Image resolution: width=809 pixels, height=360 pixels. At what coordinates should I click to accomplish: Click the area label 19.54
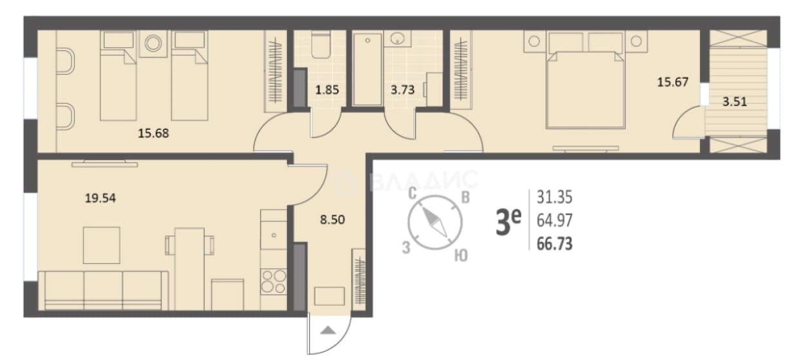click(x=101, y=198)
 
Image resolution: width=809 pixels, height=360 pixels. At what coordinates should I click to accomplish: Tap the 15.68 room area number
click(x=154, y=134)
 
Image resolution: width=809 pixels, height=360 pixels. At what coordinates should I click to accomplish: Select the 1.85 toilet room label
click(x=327, y=90)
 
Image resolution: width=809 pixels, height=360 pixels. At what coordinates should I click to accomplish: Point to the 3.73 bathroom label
click(x=403, y=90)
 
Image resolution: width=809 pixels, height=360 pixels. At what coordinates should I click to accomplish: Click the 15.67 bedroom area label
click(x=673, y=83)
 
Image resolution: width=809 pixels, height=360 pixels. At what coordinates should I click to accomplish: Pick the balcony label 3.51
click(x=735, y=102)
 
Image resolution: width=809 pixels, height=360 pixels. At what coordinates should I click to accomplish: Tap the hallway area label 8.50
click(x=332, y=219)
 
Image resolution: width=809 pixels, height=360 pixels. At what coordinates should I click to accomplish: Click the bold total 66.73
click(x=555, y=244)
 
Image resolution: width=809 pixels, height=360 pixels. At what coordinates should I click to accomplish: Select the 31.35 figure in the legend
click(x=555, y=197)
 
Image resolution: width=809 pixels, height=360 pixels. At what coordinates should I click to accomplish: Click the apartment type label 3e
click(x=508, y=223)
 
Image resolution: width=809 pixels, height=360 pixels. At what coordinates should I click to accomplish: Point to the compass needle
click(x=435, y=223)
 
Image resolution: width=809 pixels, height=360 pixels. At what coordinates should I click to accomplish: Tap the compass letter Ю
click(x=461, y=255)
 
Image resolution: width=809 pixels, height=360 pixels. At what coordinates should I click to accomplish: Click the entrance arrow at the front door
click(x=328, y=330)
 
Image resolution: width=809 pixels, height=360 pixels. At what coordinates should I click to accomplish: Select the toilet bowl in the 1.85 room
click(x=321, y=45)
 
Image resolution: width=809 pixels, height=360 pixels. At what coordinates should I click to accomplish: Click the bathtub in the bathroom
click(x=368, y=69)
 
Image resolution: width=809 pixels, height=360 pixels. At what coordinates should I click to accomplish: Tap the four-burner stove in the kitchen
click(x=274, y=282)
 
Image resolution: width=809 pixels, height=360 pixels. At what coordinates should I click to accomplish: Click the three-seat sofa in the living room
click(x=103, y=291)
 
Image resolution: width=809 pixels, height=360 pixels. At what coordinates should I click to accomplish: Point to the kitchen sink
click(x=274, y=235)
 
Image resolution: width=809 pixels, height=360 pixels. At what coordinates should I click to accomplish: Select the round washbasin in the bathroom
click(x=397, y=38)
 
